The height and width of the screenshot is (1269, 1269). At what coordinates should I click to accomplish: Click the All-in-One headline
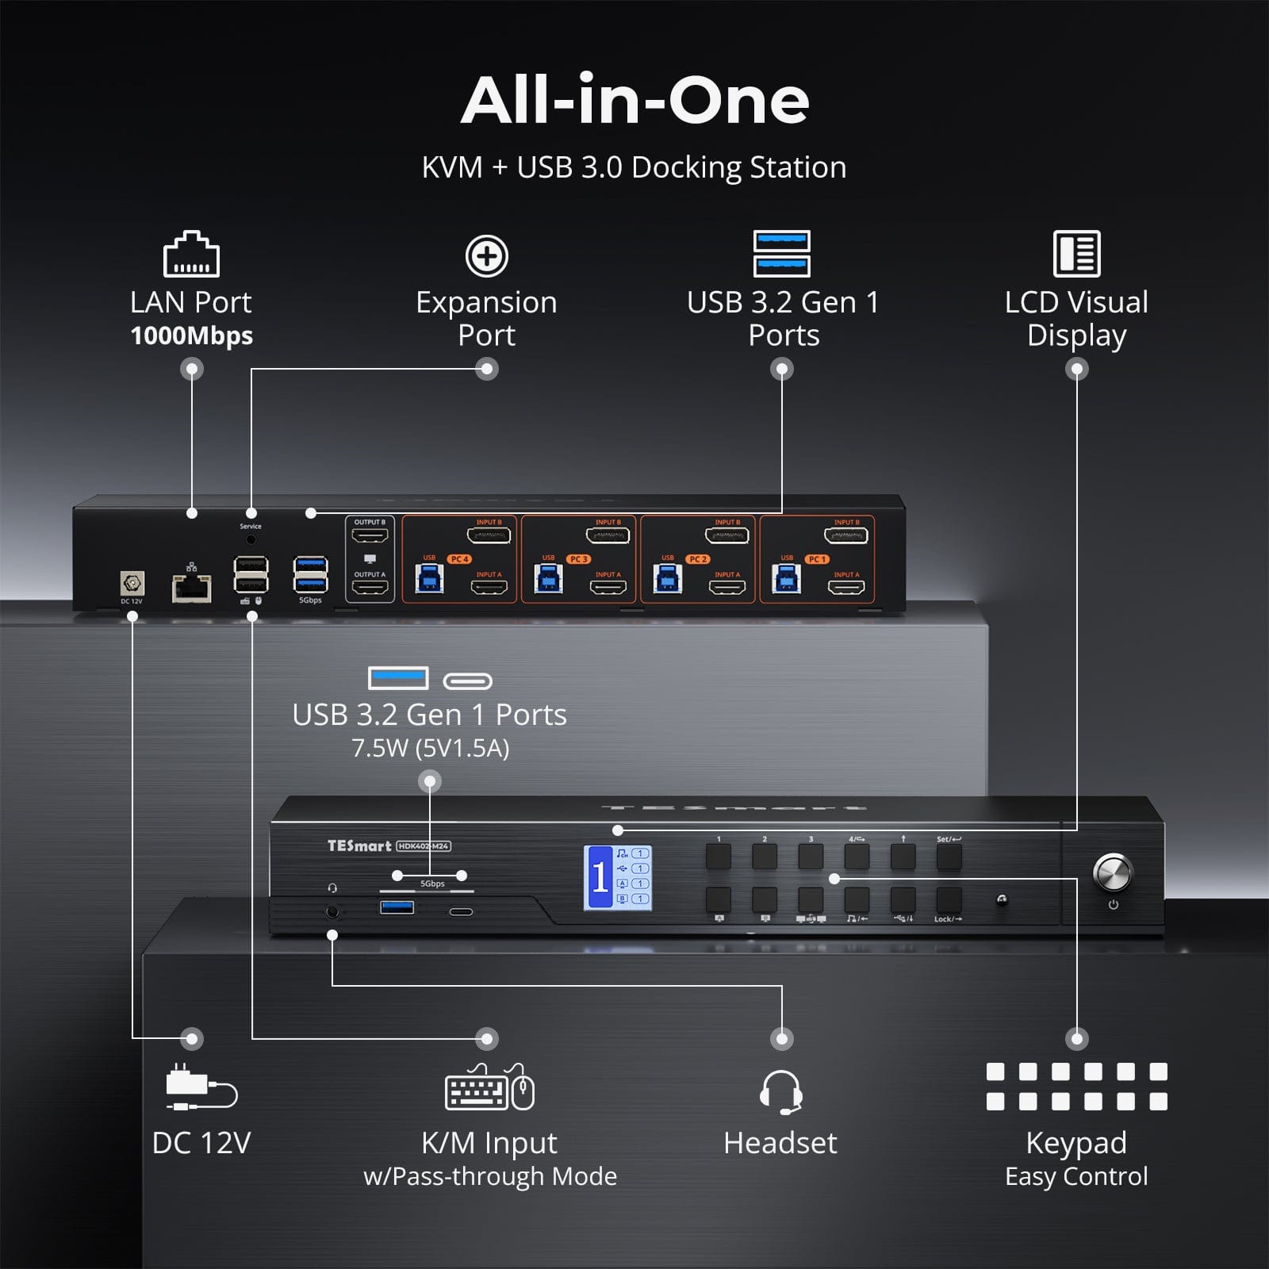pos(634,101)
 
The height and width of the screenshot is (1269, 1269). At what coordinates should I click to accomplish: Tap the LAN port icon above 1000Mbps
pos(191,255)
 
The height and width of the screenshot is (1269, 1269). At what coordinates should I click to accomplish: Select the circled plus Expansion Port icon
pos(486,255)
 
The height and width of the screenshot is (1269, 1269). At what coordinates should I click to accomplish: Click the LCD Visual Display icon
pos(1076,254)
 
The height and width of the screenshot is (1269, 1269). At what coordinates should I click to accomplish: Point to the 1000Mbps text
pos(191,335)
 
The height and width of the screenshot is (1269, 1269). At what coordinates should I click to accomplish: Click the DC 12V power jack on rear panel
pos(132,584)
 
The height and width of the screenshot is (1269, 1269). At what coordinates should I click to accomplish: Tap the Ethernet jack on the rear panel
pos(191,588)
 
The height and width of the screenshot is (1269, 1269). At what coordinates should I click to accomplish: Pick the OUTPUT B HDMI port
pos(370,536)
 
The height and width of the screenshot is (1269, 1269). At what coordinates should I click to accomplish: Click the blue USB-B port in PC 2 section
pos(667,579)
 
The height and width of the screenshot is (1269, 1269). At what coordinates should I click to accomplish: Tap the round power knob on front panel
pos(1112,872)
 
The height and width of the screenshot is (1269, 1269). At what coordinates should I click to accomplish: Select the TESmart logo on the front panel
pos(359,845)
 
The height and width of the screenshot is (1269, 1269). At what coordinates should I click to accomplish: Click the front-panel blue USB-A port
pos(397,907)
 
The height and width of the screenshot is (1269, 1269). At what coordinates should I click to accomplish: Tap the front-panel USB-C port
pos(461,911)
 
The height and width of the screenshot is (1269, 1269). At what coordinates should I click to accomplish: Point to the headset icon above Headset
pos(780,1092)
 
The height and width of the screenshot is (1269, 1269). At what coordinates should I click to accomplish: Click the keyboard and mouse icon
pos(489,1087)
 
